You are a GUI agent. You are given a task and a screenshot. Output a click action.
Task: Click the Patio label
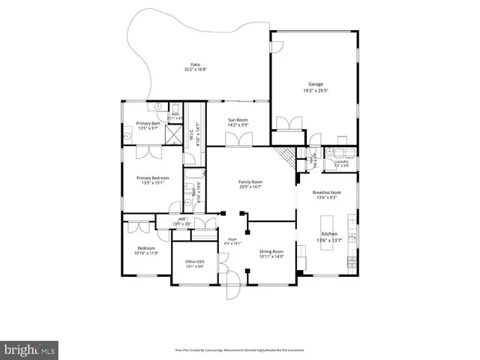[196, 64]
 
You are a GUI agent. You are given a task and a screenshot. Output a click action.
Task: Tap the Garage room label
[314, 85]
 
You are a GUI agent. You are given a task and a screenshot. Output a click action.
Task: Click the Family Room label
[250, 182]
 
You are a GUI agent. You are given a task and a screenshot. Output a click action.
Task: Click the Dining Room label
[271, 251]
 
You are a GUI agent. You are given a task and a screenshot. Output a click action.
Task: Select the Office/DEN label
[195, 262]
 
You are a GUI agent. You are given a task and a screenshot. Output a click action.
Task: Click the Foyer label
[232, 240]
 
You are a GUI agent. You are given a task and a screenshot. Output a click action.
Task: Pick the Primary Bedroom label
[152, 178]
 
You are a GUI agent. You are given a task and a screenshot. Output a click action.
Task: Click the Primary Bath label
[148, 123]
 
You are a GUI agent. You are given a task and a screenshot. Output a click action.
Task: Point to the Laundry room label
[342, 161]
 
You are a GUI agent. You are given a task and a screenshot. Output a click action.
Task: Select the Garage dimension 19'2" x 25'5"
[314, 91]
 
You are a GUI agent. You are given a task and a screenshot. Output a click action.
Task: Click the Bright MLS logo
[30, 349]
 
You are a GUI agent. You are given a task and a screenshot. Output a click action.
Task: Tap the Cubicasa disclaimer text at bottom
[240, 349]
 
